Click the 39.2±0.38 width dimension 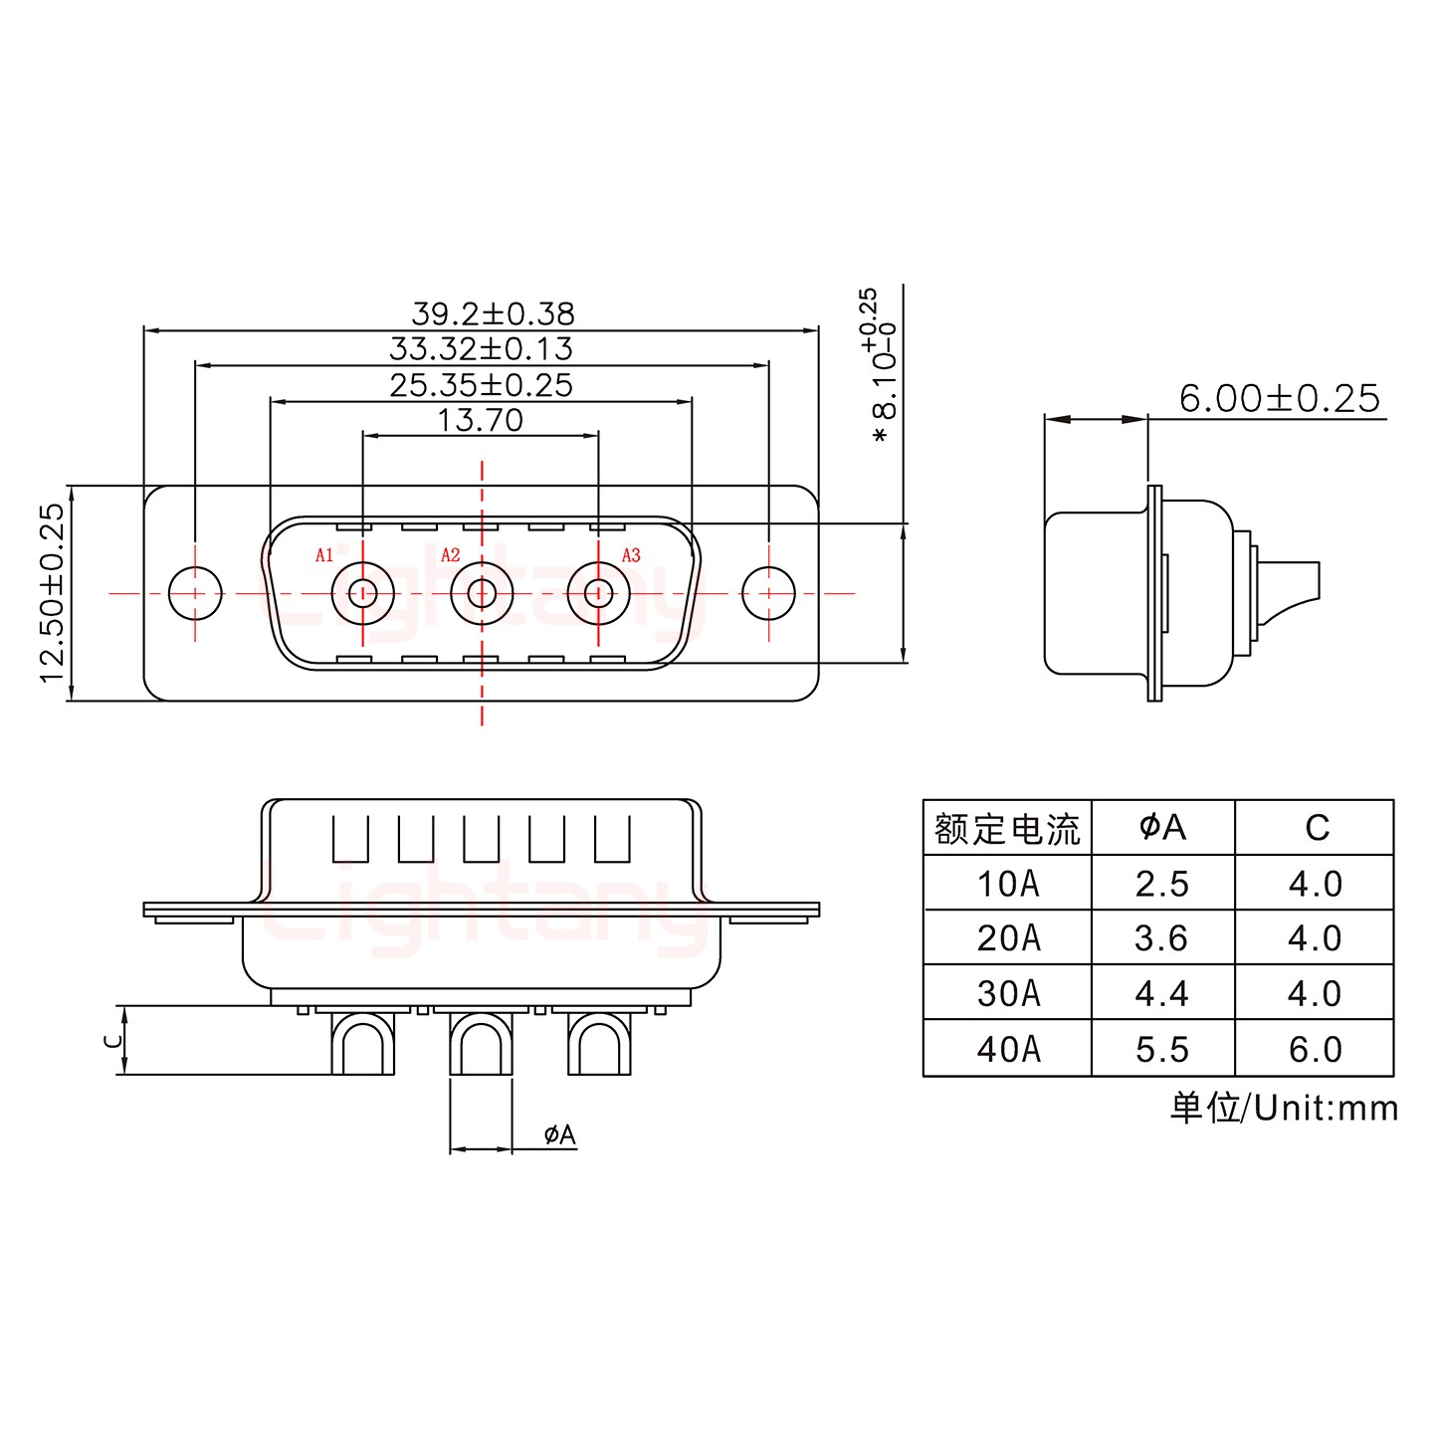493,313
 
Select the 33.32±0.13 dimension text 481,349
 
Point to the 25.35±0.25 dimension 481,385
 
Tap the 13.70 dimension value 480,420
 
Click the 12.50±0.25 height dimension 52,593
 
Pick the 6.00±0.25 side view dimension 1279,399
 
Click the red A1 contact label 324,555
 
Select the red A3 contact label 631,555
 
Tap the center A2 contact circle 482,594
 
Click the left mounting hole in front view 195,594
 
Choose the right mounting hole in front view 768,594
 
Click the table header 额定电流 1007,829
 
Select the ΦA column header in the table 1162,827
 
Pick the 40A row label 1008,1049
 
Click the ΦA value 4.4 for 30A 1161,993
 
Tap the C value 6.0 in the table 1315,1049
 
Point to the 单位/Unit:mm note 1284,1108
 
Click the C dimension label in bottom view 113,1040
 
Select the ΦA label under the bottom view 559,1134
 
